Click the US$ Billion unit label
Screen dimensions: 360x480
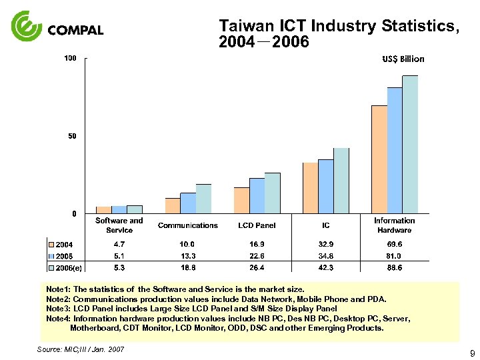[403, 59]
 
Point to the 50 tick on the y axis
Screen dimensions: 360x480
[73, 136]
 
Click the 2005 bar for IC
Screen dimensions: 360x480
[325, 186]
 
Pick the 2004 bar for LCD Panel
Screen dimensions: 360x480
[241, 200]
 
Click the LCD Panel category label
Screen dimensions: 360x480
[257, 225]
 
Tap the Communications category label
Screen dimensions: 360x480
[187, 225]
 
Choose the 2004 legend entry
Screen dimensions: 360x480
[63, 245]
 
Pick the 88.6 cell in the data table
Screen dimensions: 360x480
[394, 267]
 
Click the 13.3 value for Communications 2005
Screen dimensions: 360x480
[187, 256]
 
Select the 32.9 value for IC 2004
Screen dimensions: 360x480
[325, 245]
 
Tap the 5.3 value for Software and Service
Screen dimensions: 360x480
[119, 267]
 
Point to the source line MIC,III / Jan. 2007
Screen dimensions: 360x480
[81, 349]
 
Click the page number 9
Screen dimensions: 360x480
[471, 353]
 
